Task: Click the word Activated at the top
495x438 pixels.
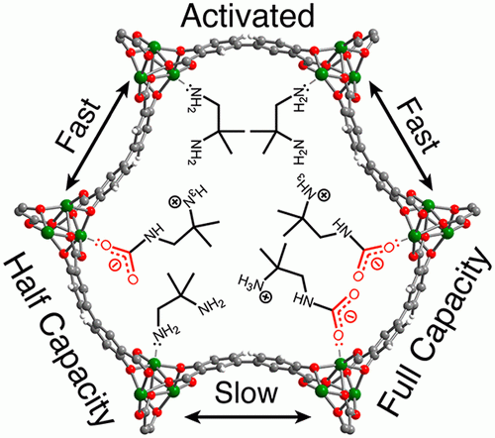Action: pos(247,16)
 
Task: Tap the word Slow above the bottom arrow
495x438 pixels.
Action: pos(247,392)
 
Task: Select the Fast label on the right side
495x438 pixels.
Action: pos(418,127)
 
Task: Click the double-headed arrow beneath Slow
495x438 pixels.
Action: pos(247,417)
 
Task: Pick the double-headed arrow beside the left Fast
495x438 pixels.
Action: pos(97,136)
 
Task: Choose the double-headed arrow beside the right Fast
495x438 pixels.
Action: pos(401,136)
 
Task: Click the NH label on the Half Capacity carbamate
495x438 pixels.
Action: pos(152,232)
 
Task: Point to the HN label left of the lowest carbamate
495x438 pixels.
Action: pos(303,299)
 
